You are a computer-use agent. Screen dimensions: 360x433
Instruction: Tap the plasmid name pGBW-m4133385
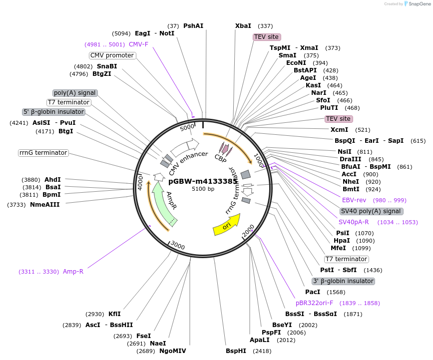click(x=203, y=181)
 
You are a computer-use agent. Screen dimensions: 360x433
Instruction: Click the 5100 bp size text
click(x=203, y=189)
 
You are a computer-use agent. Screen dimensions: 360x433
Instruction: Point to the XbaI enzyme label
click(x=243, y=26)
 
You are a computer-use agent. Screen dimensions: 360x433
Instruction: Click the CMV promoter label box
click(x=112, y=55)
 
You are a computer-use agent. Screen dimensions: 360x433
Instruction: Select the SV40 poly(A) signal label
click(x=371, y=211)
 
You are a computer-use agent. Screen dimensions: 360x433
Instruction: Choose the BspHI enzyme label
click(x=236, y=351)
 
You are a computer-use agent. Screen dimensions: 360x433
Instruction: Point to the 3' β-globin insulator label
click(x=343, y=281)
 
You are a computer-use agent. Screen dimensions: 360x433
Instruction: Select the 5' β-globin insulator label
click(x=53, y=112)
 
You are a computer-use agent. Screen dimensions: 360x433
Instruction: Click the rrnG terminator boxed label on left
click(x=43, y=153)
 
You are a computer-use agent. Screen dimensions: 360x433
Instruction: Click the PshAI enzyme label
click(x=193, y=26)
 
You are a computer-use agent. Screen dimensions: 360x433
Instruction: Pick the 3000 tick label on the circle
click(x=178, y=245)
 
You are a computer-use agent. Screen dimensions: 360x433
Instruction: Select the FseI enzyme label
click(x=143, y=336)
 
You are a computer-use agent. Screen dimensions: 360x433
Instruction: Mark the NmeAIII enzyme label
click(x=44, y=205)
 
